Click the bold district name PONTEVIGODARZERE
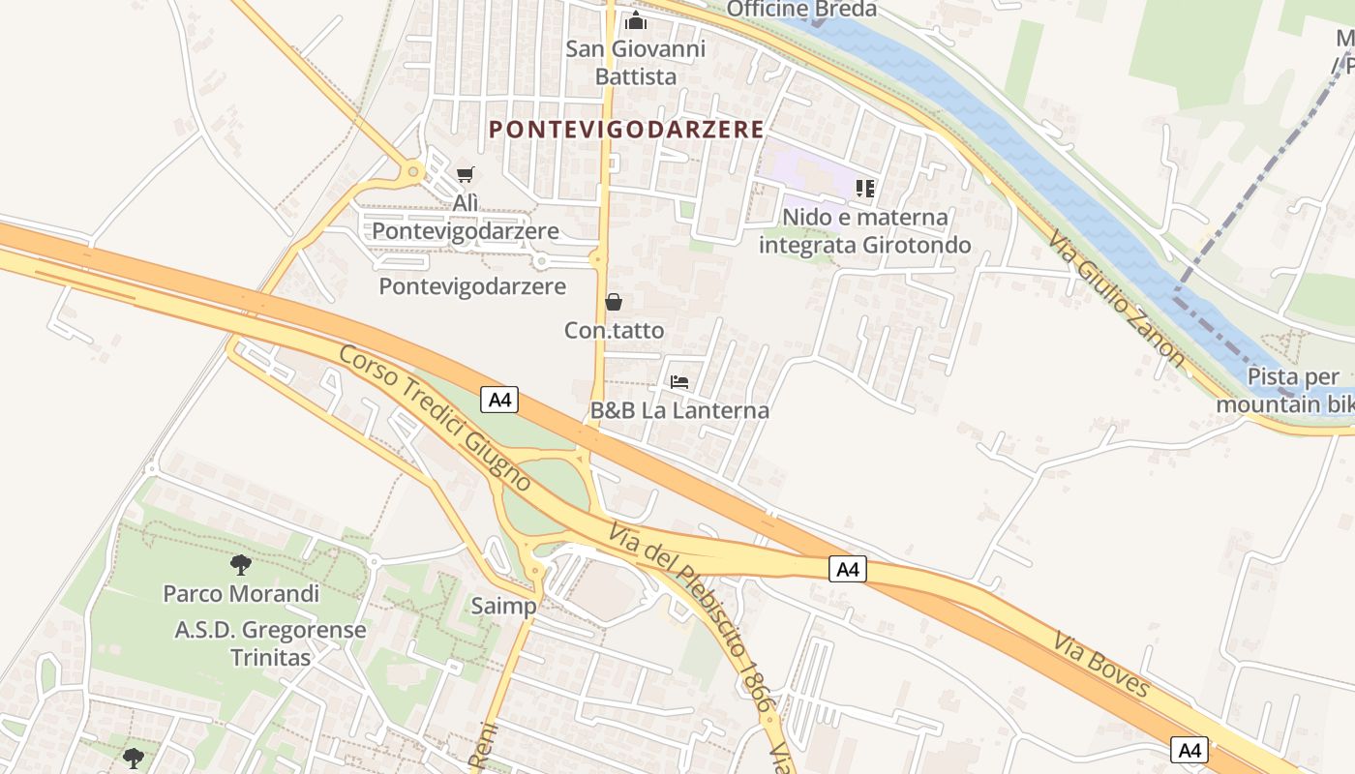[626, 129]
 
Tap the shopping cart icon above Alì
[466, 175]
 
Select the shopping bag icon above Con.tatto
[614, 302]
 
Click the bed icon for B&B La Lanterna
[679, 382]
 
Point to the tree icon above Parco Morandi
[240, 564]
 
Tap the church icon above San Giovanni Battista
[636, 19]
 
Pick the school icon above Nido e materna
[865, 189]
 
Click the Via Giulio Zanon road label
[1118, 300]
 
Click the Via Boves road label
[1101, 665]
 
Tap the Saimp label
[503, 607]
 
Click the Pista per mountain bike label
[1283, 391]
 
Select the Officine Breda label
[801, 10]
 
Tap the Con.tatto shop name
[615, 331]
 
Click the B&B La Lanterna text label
[679, 410]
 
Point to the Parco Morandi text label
[241, 593]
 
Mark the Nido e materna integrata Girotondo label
[864, 231]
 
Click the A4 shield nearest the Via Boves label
[1189, 749]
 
